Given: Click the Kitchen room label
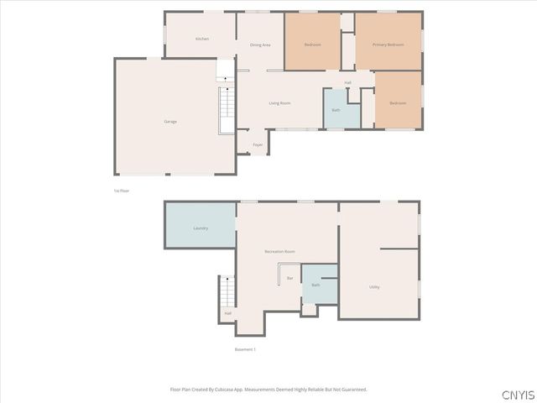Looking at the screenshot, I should click(201, 39).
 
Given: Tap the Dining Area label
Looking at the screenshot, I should click(260, 44).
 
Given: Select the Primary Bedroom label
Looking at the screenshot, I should click(388, 44).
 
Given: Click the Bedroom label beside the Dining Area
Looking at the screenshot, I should click(313, 44).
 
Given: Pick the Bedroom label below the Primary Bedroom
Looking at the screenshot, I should click(398, 103).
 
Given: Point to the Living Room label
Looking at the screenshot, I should click(279, 103).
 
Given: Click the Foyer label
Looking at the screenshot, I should click(258, 144).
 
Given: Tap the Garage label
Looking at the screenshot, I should click(170, 122).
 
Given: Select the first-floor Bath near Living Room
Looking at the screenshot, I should click(336, 110).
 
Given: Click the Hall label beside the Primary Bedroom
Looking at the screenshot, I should click(347, 82).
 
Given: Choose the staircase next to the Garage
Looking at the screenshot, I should click(227, 109).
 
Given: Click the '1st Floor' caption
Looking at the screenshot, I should click(122, 191).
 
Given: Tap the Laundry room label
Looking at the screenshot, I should click(201, 228).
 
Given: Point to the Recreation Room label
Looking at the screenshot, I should click(279, 251).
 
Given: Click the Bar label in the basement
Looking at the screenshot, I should click(289, 278).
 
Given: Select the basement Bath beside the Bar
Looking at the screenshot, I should click(315, 285).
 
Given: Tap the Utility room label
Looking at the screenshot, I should click(374, 287).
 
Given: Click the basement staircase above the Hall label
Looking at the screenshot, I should click(227, 292).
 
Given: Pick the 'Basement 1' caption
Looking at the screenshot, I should click(245, 349).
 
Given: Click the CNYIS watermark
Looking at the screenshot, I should click(516, 394).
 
